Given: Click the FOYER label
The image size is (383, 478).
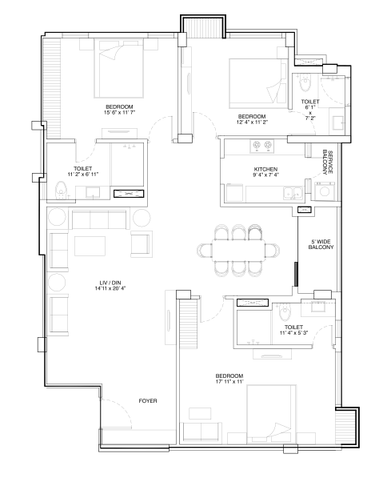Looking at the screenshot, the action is click(x=148, y=401).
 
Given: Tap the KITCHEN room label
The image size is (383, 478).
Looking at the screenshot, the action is click(x=265, y=169).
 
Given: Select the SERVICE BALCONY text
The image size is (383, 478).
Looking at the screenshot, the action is click(x=327, y=163).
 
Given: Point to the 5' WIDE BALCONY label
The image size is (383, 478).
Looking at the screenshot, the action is click(x=321, y=244).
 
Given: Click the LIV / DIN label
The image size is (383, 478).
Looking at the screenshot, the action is click(x=110, y=283).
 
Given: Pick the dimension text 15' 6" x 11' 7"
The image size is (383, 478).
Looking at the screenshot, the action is click(x=119, y=112).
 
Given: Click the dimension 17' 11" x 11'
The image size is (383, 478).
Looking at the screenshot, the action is click(x=229, y=381).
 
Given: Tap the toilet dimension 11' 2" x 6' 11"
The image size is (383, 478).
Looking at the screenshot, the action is click(x=83, y=174).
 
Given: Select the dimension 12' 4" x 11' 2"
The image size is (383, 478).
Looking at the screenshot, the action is click(x=252, y=122).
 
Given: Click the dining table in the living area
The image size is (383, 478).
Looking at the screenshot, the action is click(x=238, y=251).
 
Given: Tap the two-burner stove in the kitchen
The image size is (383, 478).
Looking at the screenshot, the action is click(x=261, y=146).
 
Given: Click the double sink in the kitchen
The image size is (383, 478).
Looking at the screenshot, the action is click(x=293, y=193).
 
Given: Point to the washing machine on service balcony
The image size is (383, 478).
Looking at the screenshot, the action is click(x=325, y=191).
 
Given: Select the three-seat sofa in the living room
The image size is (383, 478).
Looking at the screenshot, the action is click(x=99, y=219).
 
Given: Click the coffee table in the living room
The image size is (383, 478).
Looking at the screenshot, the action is click(x=90, y=246).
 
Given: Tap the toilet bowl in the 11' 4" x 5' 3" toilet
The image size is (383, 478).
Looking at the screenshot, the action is click(x=285, y=312).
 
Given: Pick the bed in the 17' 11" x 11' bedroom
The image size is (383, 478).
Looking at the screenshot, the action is click(x=271, y=415).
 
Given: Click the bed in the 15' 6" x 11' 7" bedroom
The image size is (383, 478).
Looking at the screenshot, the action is click(x=118, y=68).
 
